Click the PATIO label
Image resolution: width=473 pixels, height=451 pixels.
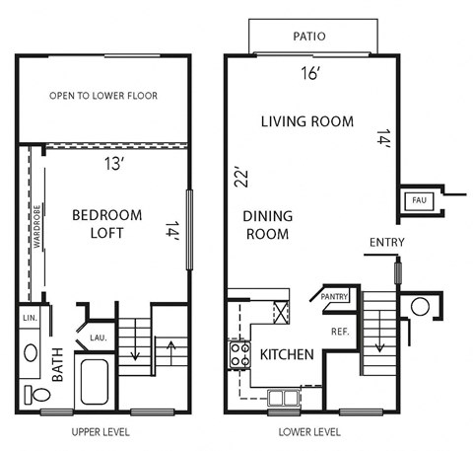(x=308, y=37)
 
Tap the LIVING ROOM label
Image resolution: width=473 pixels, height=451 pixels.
(x=306, y=121)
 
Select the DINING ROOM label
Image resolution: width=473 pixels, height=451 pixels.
(x=267, y=224)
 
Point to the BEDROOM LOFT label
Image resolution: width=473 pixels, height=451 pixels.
(x=107, y=224)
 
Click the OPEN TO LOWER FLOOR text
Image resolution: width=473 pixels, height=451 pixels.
(x=103, y=96)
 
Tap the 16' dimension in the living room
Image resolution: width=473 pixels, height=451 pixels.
(x=309, y=72)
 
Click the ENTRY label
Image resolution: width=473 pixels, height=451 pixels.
(x=385, y=242)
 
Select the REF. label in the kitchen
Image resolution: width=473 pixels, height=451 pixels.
(x=340, y=332)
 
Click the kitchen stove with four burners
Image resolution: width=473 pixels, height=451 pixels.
(x=237, y=353)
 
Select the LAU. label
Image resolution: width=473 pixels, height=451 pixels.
(x=99, y=338)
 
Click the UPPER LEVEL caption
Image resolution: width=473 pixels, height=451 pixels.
(x=101, y=432)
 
